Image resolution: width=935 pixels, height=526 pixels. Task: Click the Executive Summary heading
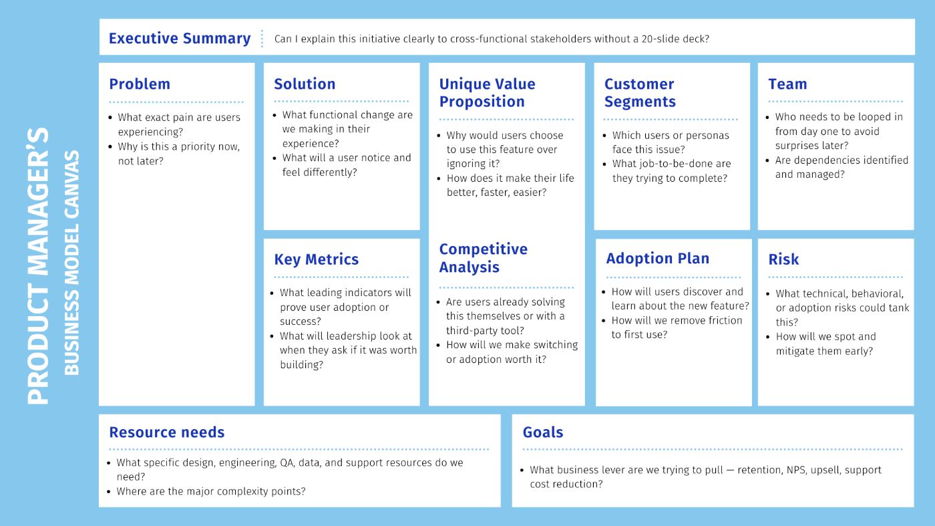(180, 39)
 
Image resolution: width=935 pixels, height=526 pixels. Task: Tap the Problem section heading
(140, 84)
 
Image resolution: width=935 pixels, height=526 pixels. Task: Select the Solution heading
(305, 84)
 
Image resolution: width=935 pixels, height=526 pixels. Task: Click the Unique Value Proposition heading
(487, 93)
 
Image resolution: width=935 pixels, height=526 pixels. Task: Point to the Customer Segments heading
(640, 93)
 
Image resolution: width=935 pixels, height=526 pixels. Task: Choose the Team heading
(787, 84)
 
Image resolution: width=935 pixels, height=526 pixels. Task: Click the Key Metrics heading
(316, 259)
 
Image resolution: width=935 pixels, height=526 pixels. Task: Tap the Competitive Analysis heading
(483, 258)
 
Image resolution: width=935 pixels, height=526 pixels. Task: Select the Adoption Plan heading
(657, 259)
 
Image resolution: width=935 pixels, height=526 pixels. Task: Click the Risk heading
(783, 259)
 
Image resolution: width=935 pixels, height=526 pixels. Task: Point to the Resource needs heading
(166, 432)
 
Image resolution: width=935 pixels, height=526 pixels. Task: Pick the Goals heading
(542, 432)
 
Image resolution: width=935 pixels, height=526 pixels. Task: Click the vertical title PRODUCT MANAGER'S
(38, 266)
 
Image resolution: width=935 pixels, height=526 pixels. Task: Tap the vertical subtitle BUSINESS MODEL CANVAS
(71, 263)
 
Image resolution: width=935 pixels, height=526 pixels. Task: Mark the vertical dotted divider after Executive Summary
(262, 39)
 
